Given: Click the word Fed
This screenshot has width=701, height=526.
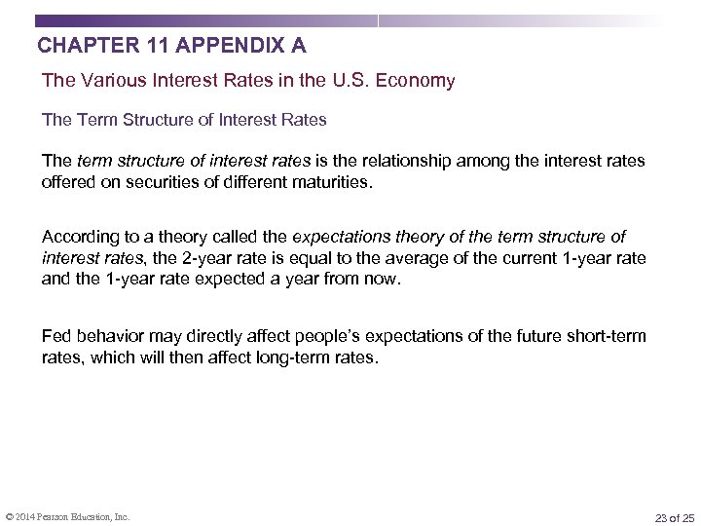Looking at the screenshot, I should pyautogui.click(x=55, y=336).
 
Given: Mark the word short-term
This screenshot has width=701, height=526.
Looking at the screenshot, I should pyautogui.click(x=610, y=336).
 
